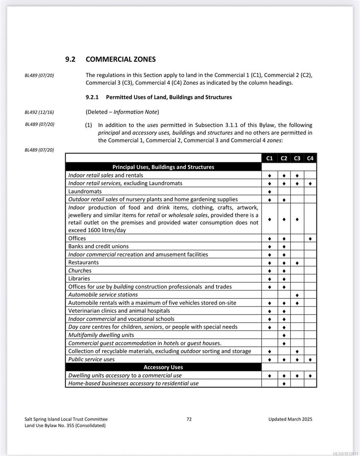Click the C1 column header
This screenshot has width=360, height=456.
[x=270, y=158]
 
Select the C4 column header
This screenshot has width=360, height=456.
[x=310, y=158]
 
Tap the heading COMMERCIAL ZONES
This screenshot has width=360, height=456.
[x=120, y=59]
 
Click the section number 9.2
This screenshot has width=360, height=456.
[x=71, y=59]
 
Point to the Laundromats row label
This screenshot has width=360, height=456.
[x=85, y=192]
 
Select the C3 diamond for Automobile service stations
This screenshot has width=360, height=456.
[x=297, y=295]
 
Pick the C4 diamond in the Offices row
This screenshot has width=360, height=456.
[x=310, y=239]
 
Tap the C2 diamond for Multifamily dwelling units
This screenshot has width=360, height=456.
[x=284, y=336]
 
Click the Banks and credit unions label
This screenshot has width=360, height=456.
[x=98, y=247]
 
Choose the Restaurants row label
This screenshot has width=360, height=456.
[x=83, y=263]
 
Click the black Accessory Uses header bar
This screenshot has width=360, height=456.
[x=163, y=367]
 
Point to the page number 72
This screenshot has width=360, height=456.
[x=189, y=419]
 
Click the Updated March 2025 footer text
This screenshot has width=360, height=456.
[x=290, y=419]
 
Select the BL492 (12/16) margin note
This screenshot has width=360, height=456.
[x=39, y=112]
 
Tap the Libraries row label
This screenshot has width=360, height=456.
[x=79, y=279]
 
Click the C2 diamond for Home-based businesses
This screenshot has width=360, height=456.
[x=284, y=384]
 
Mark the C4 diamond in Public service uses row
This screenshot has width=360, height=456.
[x=310, y=359]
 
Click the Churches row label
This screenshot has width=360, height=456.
[x=80, y=271]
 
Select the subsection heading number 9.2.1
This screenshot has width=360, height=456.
[x=92, y=97]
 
